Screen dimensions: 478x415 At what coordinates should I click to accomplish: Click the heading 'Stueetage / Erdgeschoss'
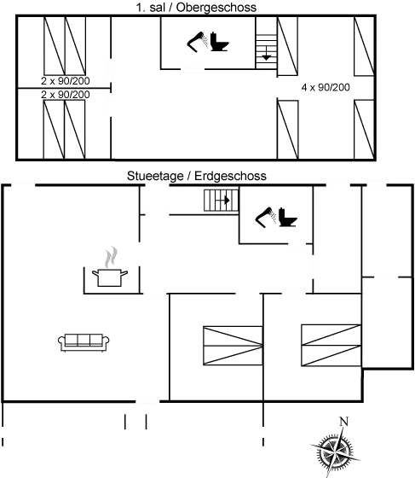click(196, 176)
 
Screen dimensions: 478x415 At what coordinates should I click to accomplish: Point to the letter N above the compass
click(343, 421)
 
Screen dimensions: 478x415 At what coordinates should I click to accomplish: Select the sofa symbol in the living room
click(84, 341)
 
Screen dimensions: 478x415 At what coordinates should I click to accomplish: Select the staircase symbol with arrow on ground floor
click(220, 201)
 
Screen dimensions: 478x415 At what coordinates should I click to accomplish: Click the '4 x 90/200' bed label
click(325, 87)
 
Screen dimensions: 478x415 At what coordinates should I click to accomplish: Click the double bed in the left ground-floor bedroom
click(228, 346)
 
